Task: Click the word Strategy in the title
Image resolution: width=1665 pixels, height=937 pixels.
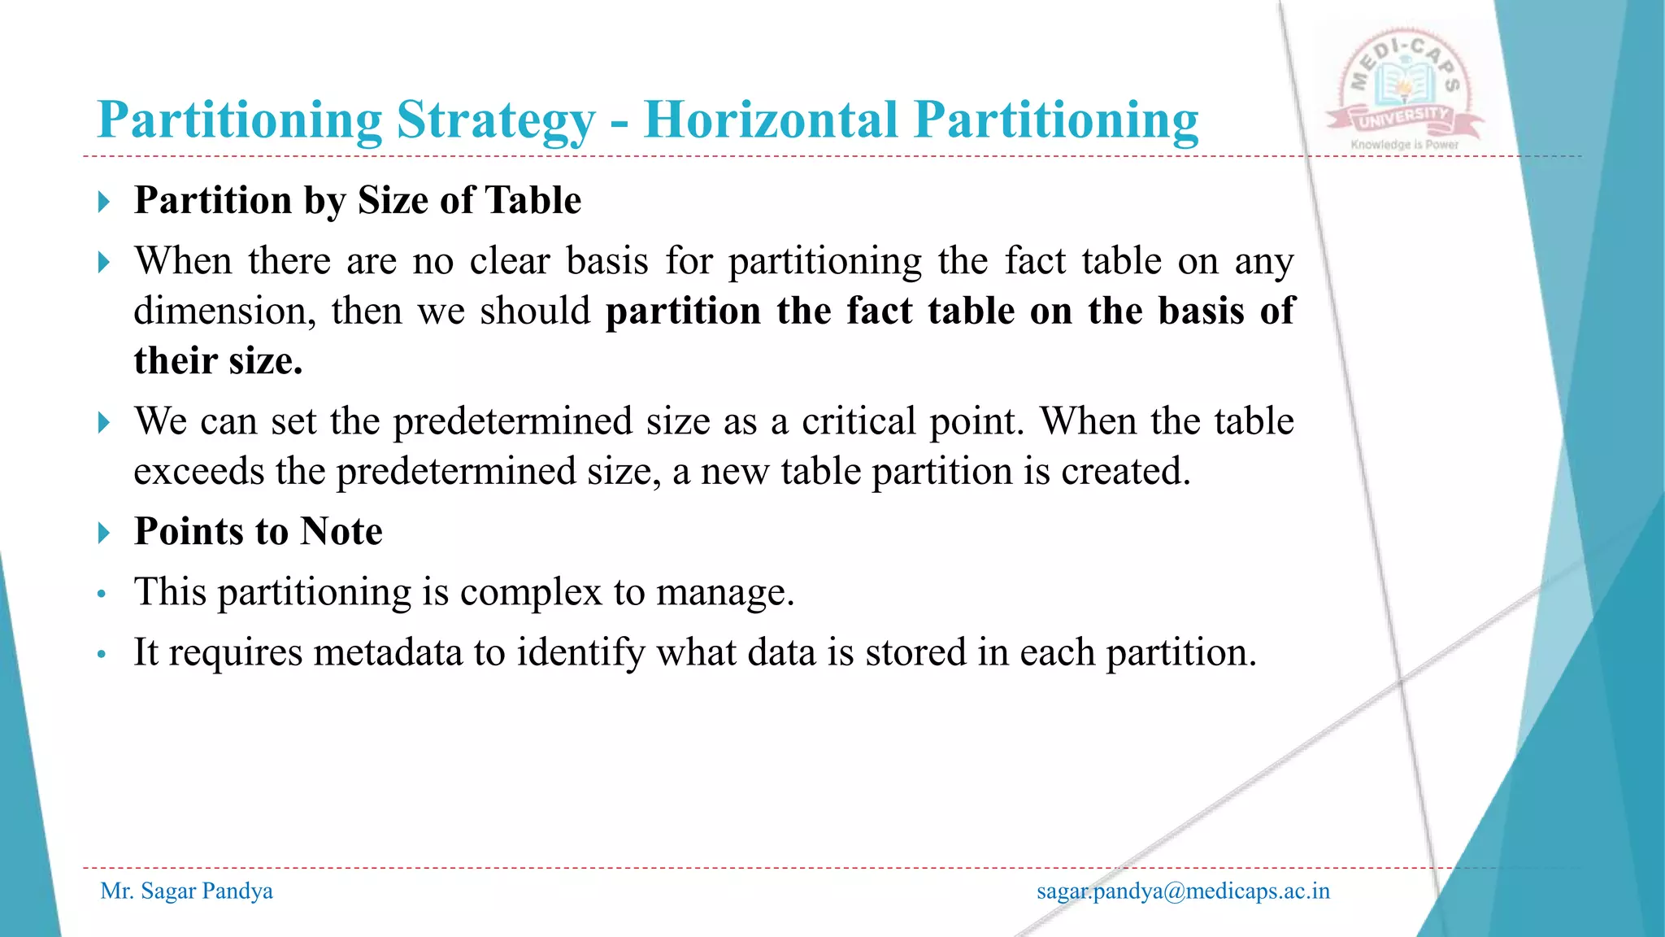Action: click(496, 120)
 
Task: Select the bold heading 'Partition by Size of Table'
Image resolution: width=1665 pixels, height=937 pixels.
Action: click(358, 200)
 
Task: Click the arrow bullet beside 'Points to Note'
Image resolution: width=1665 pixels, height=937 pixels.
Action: click(103, 534)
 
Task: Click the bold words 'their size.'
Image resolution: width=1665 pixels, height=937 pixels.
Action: click(218, 361)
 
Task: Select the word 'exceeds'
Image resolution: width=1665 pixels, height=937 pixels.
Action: click(198, 472)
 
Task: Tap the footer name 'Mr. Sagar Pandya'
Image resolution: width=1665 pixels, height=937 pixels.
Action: click(186, 891)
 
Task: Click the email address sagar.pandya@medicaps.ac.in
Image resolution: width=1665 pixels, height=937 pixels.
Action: click(1183, 891)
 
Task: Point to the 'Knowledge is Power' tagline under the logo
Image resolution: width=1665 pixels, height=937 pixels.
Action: click(1404, 145)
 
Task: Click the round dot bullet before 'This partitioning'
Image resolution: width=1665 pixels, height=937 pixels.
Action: click(102, 594)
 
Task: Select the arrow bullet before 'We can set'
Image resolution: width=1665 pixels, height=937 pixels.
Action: click(103, 423)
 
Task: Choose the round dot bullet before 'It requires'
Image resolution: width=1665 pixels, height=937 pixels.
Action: click(102, 654)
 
